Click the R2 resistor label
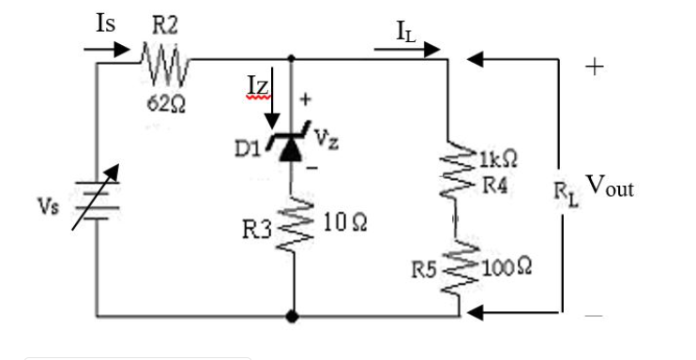pos(165,26)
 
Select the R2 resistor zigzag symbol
pos(165,65)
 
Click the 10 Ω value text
pos(345,223)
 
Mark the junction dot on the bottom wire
pos(293,317)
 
